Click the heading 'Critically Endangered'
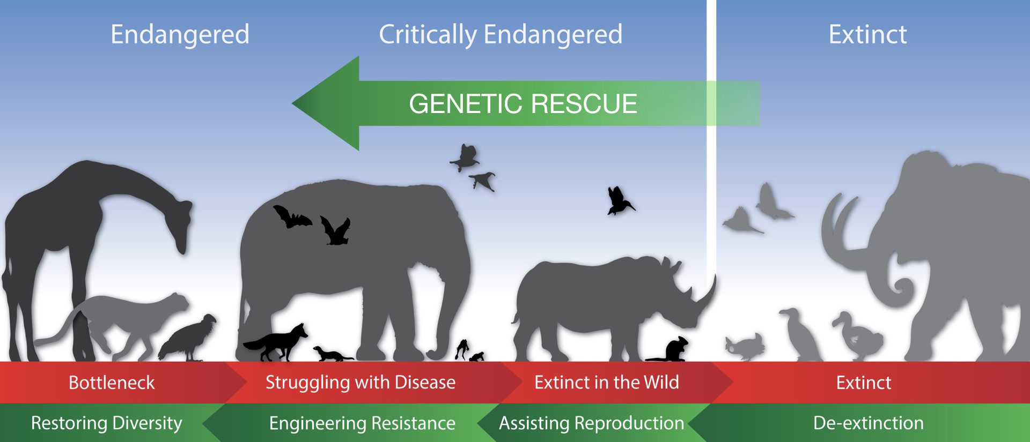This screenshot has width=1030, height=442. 500,35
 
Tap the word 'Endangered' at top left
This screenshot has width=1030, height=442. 180,35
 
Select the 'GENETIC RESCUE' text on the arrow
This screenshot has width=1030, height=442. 523,104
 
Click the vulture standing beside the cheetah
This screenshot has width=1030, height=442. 190,338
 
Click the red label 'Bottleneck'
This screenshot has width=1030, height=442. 112,383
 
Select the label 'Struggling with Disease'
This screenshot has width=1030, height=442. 360,383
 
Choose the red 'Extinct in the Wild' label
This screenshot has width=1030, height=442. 606,383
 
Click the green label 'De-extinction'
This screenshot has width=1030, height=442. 868,423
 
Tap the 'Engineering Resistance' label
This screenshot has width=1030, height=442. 362,423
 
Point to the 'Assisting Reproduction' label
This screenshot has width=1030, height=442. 591,423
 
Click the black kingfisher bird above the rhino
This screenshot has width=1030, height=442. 619,201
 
